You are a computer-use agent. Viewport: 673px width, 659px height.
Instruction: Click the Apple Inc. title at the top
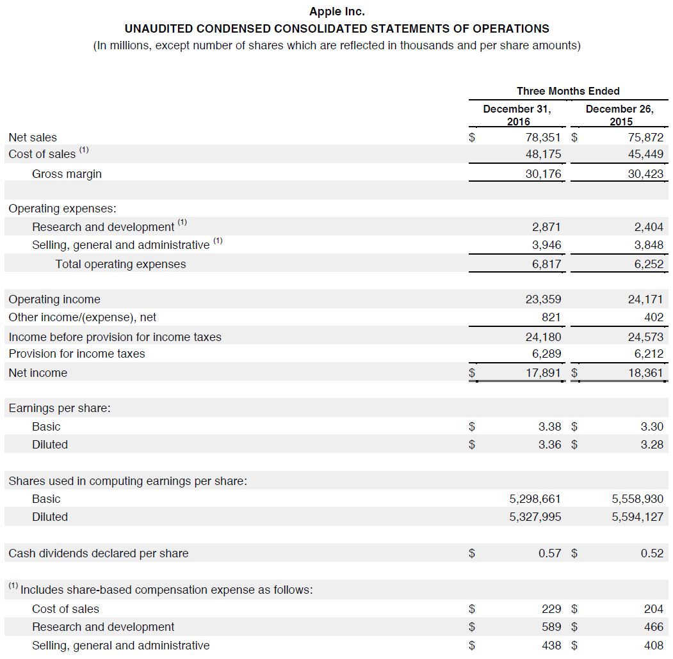tap(337, 12)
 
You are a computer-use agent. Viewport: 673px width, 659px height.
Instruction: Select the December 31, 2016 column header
tap(517, 115)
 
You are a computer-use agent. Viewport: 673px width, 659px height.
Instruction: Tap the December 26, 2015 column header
tap(620, 115)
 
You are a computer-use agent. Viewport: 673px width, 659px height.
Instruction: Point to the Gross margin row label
tap(67, 174)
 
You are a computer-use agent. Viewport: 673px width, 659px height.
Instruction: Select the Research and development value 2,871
tap(546, 226)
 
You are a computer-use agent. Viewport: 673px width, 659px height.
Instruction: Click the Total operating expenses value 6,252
tap(649, 264)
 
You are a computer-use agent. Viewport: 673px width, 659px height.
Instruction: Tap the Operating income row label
tap(54, 299)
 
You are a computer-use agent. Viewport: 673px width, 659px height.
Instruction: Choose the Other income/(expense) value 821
tap(551, 317)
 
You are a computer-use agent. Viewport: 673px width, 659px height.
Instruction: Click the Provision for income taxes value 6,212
tap(649, 354)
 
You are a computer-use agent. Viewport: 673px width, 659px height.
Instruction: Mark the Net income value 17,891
tap(543, 373)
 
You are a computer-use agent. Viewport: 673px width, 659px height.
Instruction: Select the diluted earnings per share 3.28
tap(652, 445)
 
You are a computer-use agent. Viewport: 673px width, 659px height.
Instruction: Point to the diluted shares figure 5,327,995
tap(535, 517)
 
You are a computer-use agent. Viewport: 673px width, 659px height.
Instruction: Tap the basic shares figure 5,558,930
tap(638, 499)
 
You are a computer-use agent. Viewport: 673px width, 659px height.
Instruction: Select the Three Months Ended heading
tap(568, 91)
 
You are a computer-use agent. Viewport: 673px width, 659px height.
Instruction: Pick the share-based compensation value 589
tap(552, 627)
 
